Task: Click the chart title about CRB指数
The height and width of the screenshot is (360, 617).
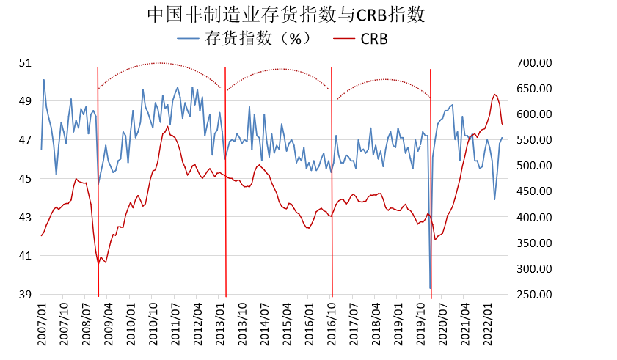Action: [x=285, y=14]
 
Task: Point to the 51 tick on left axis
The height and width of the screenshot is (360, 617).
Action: [x=25, y=62]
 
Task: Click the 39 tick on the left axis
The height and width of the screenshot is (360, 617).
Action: [x=25, y=295]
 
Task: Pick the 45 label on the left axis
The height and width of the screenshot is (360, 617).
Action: [x=25, y=178]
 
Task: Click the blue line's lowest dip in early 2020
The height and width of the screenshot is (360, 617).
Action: [x=430, y=288]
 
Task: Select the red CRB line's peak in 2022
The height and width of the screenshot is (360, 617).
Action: [x=495, y=94]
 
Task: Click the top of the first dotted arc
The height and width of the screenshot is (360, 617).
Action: [x=161, y=63]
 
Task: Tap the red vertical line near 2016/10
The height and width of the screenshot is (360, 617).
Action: [x=332, y=183]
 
